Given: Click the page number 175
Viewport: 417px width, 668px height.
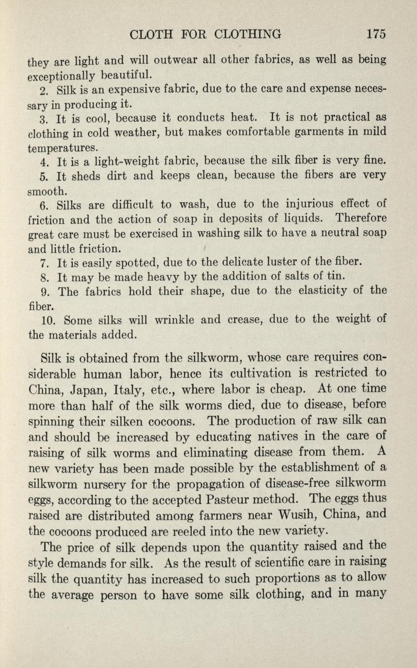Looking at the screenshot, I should pos(375,34).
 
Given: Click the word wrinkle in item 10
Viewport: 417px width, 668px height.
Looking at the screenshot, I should pos(183,320).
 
